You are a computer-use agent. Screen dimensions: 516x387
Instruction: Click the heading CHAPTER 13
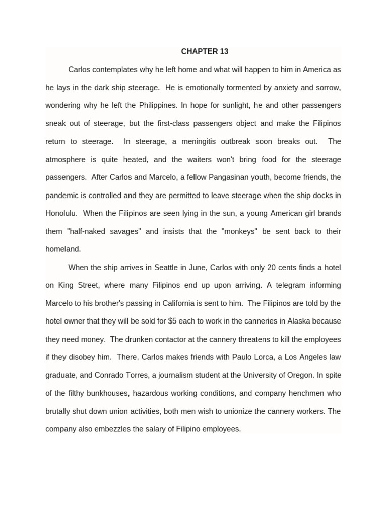pos(205,51)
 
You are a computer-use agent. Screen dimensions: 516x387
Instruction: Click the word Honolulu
pos(61,213)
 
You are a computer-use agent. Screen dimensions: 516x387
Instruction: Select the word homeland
pos(63,249)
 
